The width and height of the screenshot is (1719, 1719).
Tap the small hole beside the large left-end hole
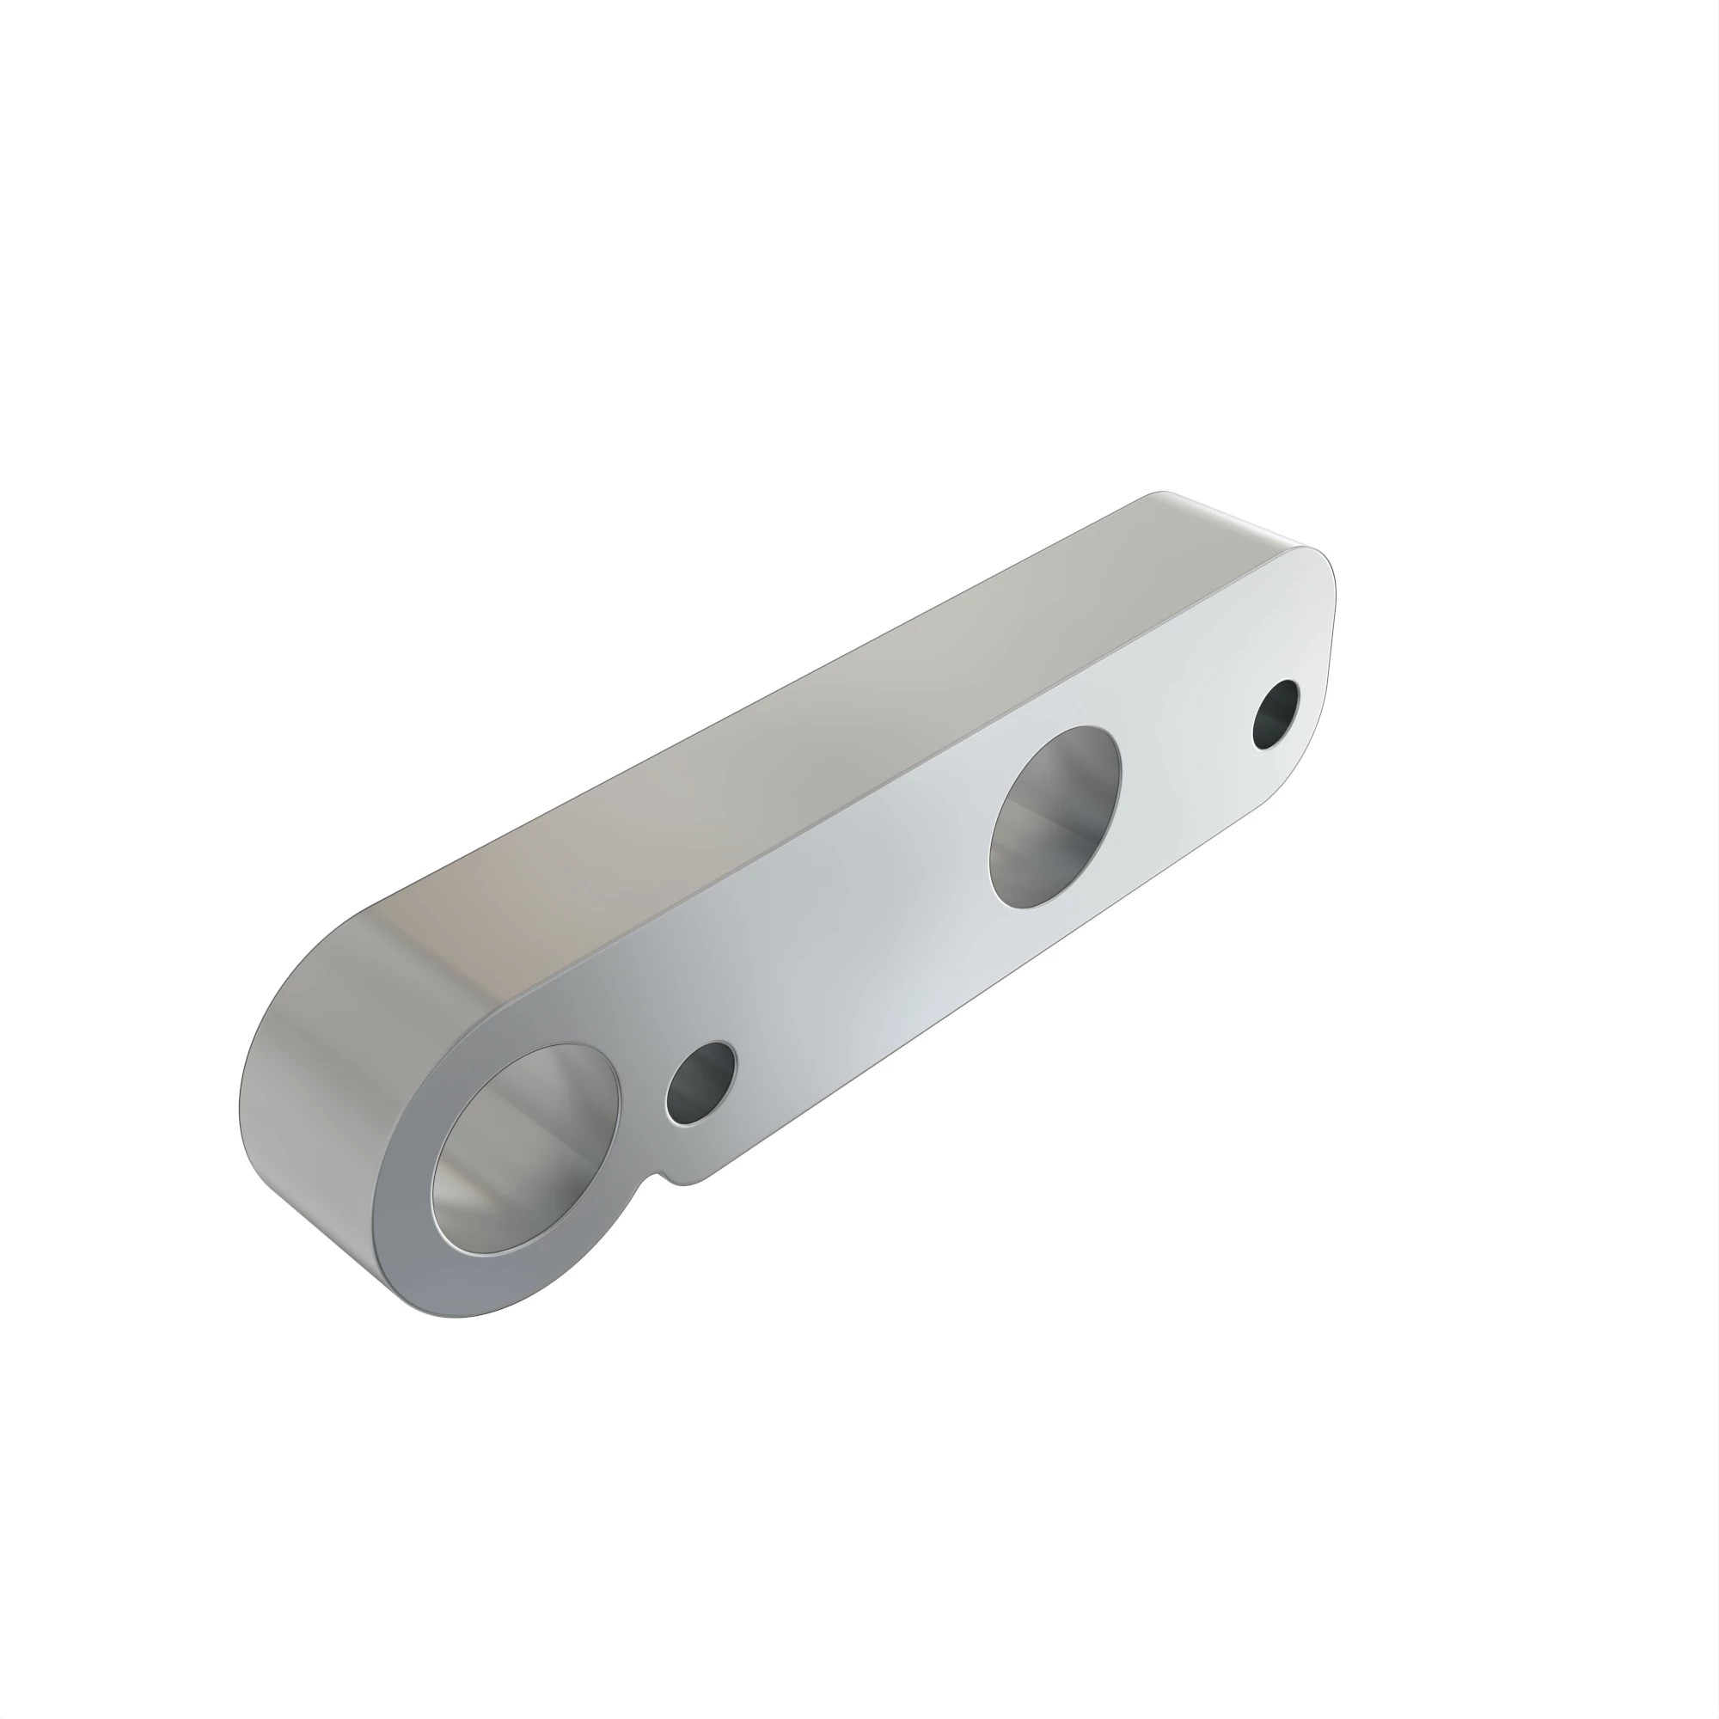pos(701,1083)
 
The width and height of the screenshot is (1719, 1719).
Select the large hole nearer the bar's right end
pos(1055,817)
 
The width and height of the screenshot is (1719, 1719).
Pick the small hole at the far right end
pos(1275,714)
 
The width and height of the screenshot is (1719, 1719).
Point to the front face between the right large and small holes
pos(1184,756)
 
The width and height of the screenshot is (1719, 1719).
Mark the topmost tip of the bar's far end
pos(1161,491)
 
